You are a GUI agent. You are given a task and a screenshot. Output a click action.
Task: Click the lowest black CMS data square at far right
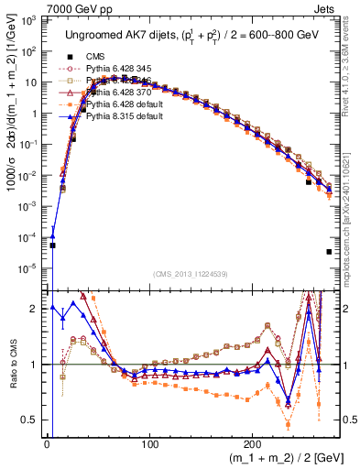328,252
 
